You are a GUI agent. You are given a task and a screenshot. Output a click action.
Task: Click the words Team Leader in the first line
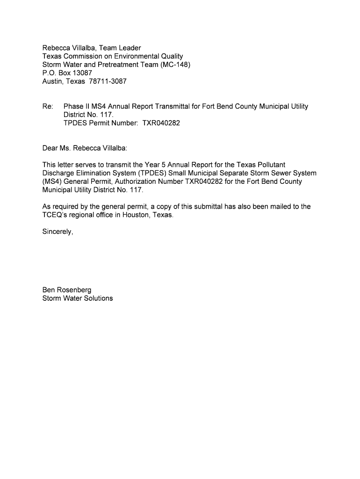(x=120, y=48)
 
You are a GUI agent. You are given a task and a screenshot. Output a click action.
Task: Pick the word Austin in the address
(x=52, y=81)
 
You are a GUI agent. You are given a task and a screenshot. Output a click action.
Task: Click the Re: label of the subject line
(x=47, y=107)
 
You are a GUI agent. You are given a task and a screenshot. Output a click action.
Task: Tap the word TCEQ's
(x=56, y=215)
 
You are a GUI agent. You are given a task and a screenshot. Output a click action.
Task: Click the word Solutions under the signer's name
(x=96, y=298)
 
